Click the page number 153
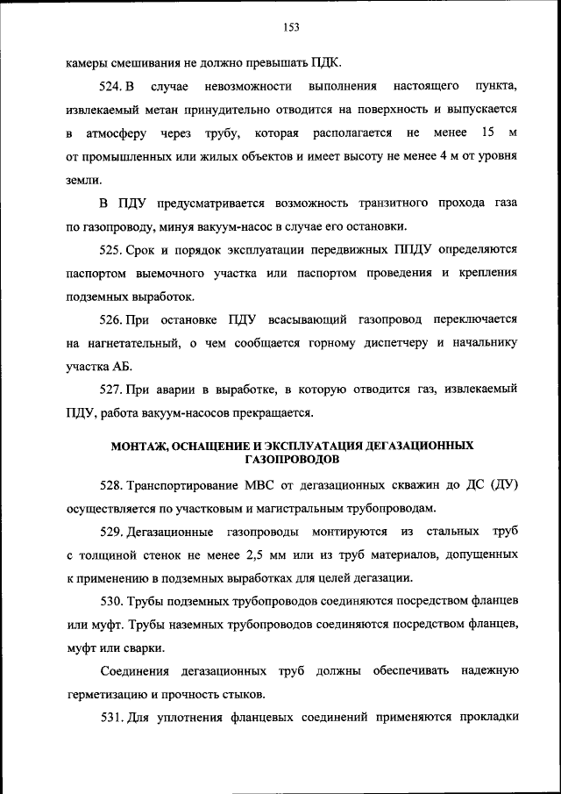click(291, 27)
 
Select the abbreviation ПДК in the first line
click(324, 64)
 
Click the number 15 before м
click(488, 133)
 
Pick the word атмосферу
click(111, 133)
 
